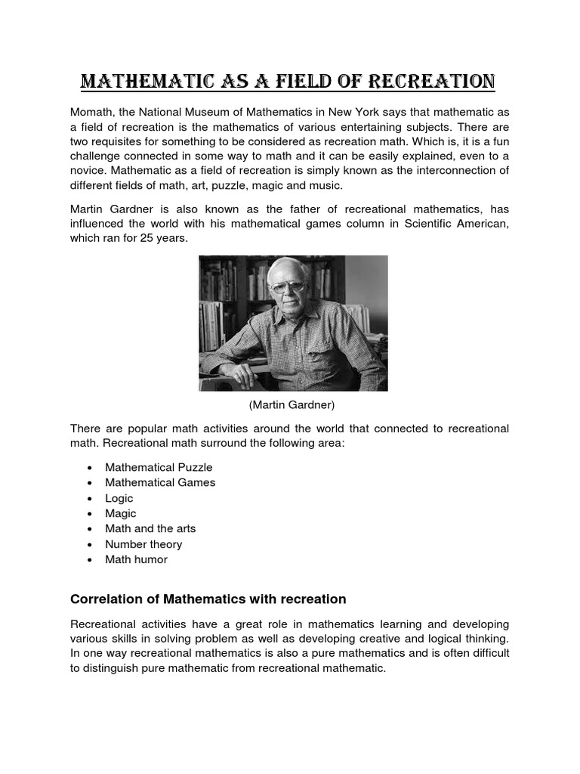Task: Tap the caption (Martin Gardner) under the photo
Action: click(292, 405)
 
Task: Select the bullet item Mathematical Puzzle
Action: click(159, 467)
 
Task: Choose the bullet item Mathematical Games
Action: click(160, 482)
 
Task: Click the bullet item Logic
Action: click(119, 498)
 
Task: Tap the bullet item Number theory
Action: click(143, 544)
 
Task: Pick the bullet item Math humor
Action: click(136, 559)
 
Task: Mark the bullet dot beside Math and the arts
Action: click(89, 529)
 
